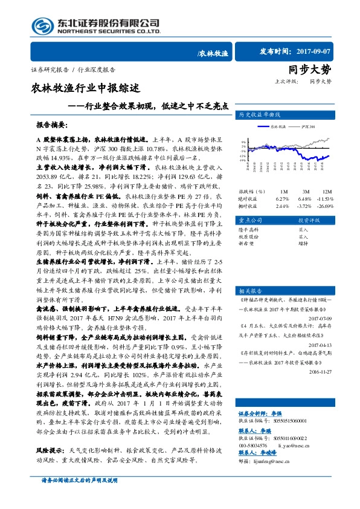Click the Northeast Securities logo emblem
pyautogui.click(x=43, y=26)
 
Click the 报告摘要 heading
pyautogui.click(x=51, y=125)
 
